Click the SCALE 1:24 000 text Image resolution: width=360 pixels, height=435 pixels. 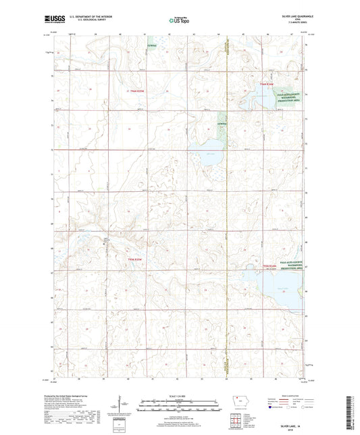coord(180,395)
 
